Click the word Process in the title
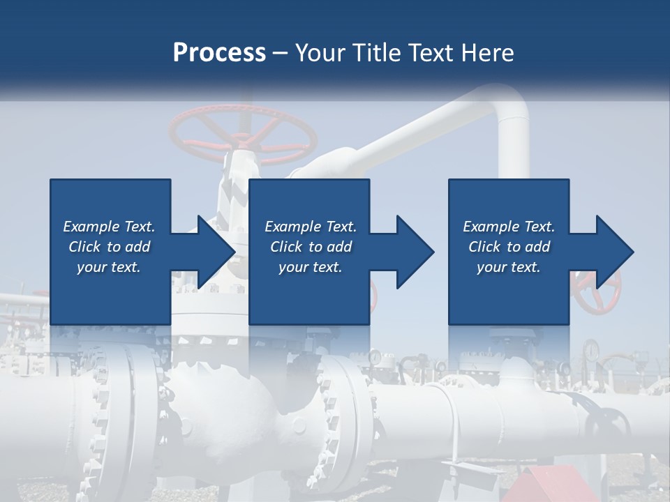[219, 53]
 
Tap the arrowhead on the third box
[611, 252]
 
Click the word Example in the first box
[91, 227]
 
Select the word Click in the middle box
[287, 247]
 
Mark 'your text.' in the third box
[508, 267]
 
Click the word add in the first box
[139, 247]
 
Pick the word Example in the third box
[491, 227]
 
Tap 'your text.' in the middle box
[309, 267]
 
